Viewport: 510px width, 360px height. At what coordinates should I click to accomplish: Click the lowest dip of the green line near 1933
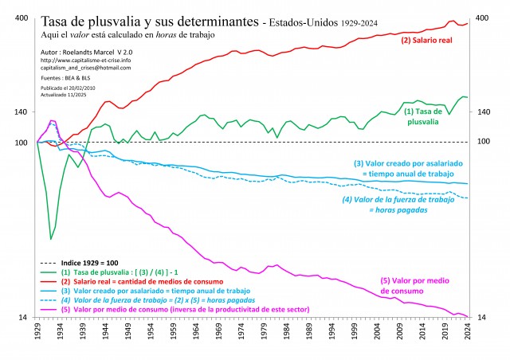coord(51,239)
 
